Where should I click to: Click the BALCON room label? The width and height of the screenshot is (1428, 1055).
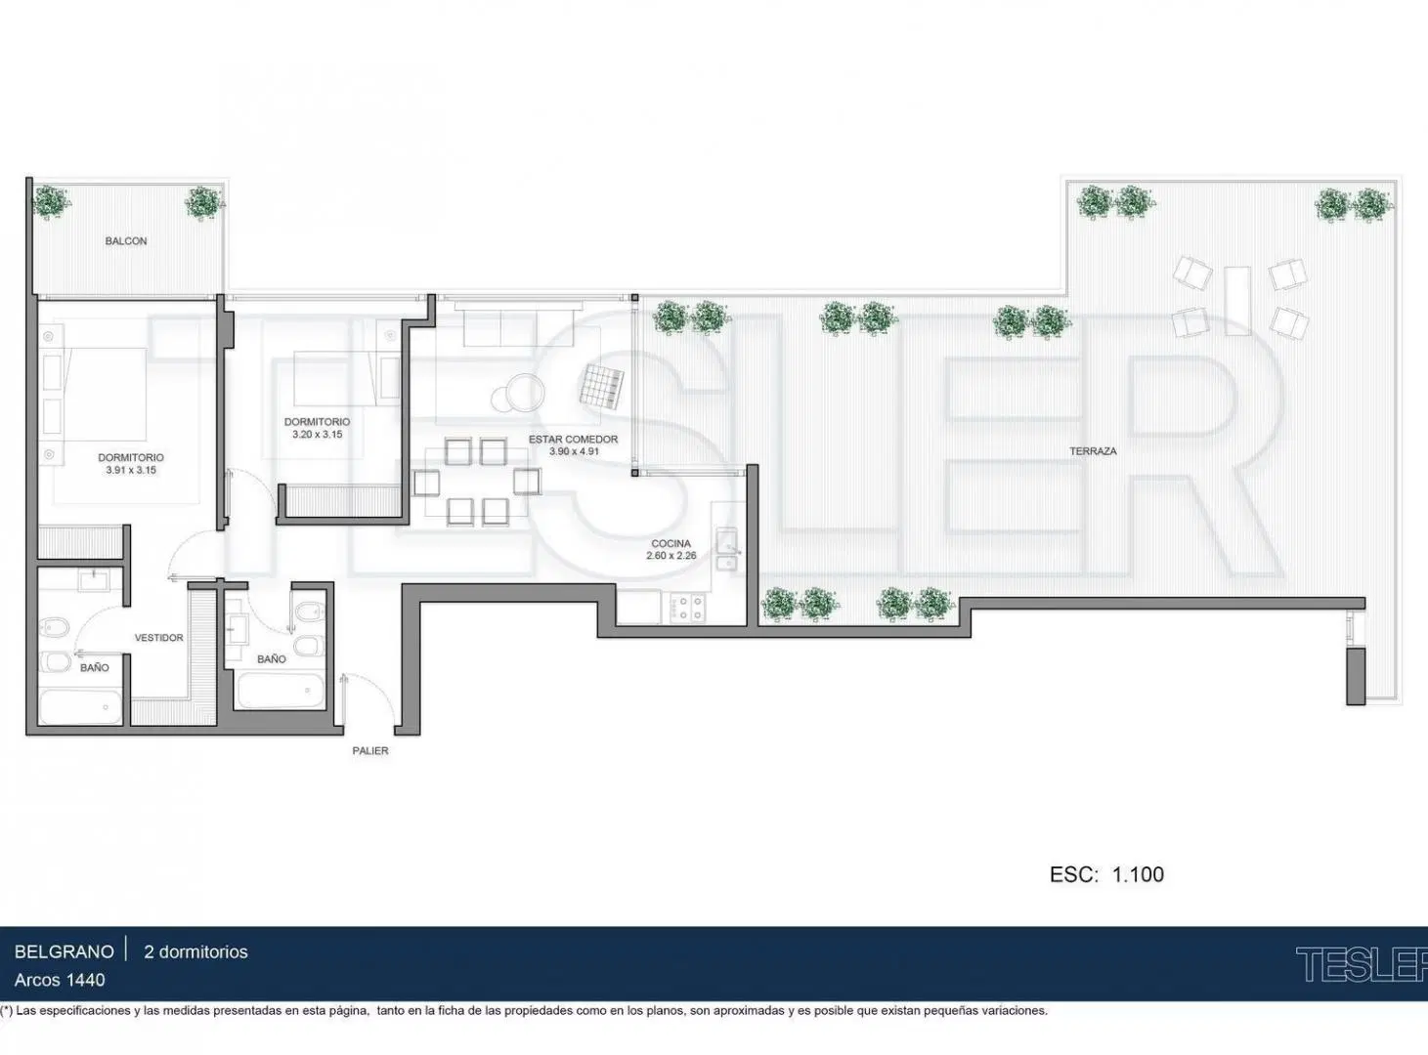(126, 240)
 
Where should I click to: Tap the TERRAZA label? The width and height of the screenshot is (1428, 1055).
(1093, 451)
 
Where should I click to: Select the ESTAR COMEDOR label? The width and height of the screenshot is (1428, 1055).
(573, 439)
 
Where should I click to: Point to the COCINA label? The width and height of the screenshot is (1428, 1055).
(671, 543)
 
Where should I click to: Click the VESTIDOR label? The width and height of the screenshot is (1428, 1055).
(159, 637)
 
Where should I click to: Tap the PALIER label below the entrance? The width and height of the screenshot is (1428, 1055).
(370, 750)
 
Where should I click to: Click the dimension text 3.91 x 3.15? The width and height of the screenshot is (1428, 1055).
(131, 470)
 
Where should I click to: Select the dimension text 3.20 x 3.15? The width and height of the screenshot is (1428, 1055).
(317, 434)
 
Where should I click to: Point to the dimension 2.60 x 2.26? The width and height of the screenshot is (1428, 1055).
(671, 556)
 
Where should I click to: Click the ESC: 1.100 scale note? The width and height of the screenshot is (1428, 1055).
(1106, 874)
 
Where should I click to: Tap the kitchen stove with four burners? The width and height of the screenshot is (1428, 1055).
(687, 608)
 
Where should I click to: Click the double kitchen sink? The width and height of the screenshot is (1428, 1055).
(727, 549)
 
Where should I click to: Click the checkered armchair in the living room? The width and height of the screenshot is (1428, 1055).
(601, 386)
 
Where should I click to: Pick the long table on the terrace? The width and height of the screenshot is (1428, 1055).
(1236, 301)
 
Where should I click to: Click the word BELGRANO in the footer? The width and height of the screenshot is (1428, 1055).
(64, 951)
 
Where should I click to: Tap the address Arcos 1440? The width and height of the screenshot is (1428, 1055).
(60, 980)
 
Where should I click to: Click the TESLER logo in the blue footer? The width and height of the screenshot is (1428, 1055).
(1362, 964)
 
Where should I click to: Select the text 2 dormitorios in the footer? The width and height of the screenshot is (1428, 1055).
(195, 951)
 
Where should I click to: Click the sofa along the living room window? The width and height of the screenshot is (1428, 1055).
(518, 327)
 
